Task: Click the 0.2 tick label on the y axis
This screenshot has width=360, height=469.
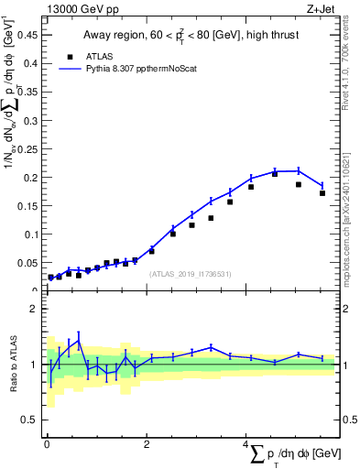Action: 31,178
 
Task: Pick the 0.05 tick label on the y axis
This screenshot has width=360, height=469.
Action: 28,263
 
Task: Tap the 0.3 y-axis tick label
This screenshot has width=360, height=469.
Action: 31,121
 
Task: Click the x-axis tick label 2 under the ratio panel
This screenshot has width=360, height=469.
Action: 147,444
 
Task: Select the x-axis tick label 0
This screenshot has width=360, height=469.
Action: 47,444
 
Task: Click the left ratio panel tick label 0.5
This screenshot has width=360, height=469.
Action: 31,420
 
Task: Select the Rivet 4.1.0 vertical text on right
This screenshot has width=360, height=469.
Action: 349,64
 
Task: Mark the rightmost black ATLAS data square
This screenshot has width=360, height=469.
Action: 322,193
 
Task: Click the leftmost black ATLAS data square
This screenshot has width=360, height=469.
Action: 50,277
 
